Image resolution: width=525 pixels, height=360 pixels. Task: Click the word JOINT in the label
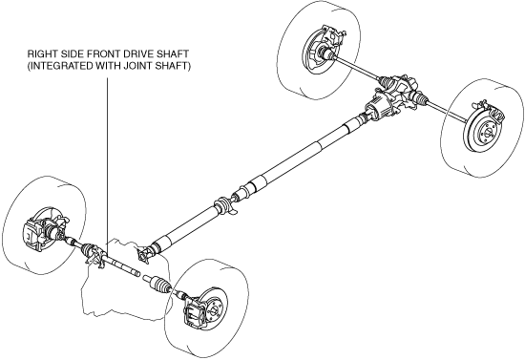pos(138,66)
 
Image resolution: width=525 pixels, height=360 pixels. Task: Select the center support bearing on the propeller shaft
pos(224,205)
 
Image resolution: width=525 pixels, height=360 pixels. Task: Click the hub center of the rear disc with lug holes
pos(486,132)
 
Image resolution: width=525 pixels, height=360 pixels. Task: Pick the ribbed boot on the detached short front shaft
pos(160,284)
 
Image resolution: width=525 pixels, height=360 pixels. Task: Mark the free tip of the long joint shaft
pos(138,274)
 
